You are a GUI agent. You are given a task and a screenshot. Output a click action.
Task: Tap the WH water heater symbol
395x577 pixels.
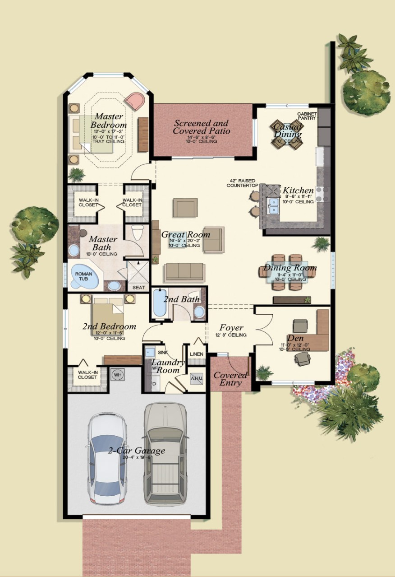[x=117, y=374]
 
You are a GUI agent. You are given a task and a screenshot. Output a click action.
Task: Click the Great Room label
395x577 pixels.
[x=185, y=235]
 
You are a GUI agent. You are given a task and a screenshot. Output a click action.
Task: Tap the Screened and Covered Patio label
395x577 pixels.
[x=201, y=127]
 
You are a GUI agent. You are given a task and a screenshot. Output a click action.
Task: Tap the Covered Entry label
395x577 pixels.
[x=230, y=379]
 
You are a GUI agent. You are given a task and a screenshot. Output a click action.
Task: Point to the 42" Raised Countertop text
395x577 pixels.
[x=242, y=183]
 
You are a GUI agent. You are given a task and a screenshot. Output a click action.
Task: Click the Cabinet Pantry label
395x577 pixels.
[x=307, y=116]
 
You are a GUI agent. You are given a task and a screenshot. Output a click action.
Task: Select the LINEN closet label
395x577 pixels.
[x=196, y=354]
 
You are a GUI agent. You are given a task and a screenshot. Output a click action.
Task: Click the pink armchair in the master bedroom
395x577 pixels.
[x=134, y=101]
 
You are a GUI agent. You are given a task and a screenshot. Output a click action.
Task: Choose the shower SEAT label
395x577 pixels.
[x=138, y=287]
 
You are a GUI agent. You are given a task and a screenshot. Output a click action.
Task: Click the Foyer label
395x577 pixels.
[x=231, y=328]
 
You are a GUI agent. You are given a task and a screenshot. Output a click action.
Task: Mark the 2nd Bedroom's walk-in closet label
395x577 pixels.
[x=87, y=375]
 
